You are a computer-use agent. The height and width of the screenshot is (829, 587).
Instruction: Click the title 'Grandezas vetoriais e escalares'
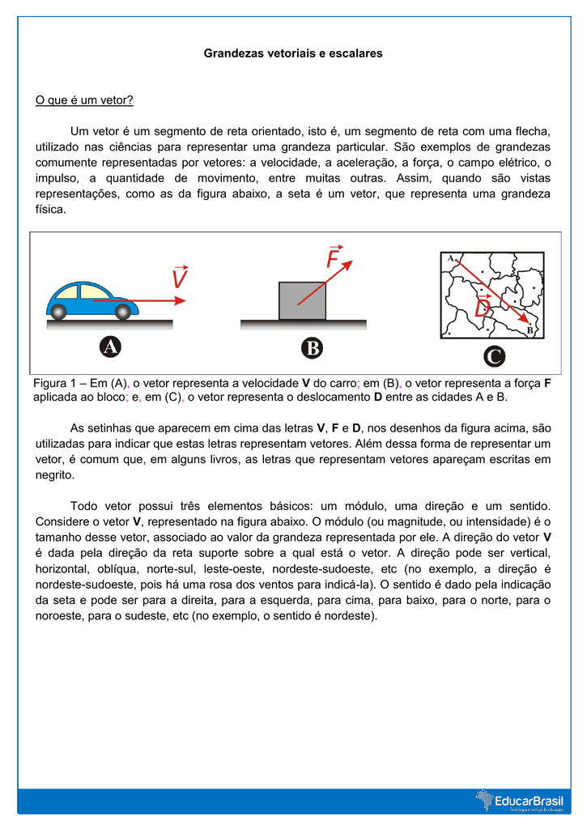(293, 53)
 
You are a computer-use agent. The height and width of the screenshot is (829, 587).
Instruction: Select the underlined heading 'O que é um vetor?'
(84, 100)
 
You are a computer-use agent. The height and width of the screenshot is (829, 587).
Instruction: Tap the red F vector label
(334, 258)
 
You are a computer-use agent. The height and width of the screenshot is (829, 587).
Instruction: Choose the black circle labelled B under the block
(311, 348)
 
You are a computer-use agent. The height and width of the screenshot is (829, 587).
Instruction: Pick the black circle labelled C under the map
(493, 356)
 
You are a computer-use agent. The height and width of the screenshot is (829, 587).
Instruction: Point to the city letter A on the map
(450, 257)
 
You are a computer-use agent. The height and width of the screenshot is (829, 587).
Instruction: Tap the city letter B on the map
(530, 330)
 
